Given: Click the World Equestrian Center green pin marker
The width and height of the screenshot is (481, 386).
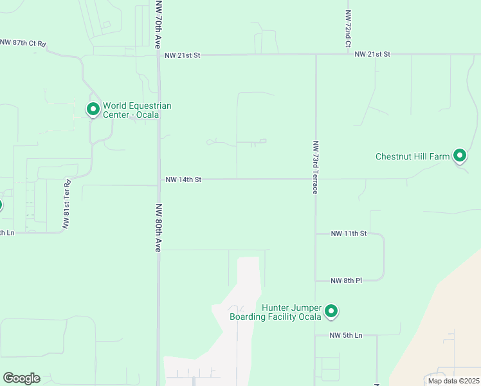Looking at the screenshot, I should tap(93, 109).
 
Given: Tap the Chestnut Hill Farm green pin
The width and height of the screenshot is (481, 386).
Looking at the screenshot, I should tap(460, 155).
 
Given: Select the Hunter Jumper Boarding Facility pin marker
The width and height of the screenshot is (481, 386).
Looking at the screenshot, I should tap(331, 311).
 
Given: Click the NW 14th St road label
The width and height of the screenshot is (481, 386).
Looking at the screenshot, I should tap(183, 180).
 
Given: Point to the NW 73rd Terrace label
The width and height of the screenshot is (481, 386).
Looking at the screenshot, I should tap(316, 167).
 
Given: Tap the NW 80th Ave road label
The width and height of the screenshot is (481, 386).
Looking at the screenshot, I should tap(158, 228).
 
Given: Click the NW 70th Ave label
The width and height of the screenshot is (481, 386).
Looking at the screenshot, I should tap(158, 25).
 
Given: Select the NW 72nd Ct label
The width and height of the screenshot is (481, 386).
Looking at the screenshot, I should tap(347, 29).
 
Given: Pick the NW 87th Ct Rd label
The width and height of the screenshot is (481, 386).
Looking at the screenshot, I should tap(24, 42).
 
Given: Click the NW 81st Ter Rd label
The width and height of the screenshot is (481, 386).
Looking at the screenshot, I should tap(66, 204).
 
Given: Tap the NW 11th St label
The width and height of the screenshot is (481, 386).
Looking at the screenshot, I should tap(349, 234).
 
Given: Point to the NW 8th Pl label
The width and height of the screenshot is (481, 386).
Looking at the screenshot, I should tap(347, 280).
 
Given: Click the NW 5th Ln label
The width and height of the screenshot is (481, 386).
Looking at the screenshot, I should tap(346, 336).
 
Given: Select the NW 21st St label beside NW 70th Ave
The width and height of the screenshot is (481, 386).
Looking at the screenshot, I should tap(183, 56).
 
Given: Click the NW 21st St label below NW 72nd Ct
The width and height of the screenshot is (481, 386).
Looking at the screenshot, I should tap(372, 55).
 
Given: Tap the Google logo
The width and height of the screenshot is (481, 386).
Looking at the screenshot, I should tap(21, 378).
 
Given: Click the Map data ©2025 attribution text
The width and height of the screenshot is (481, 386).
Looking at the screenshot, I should tap(453, 381).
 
